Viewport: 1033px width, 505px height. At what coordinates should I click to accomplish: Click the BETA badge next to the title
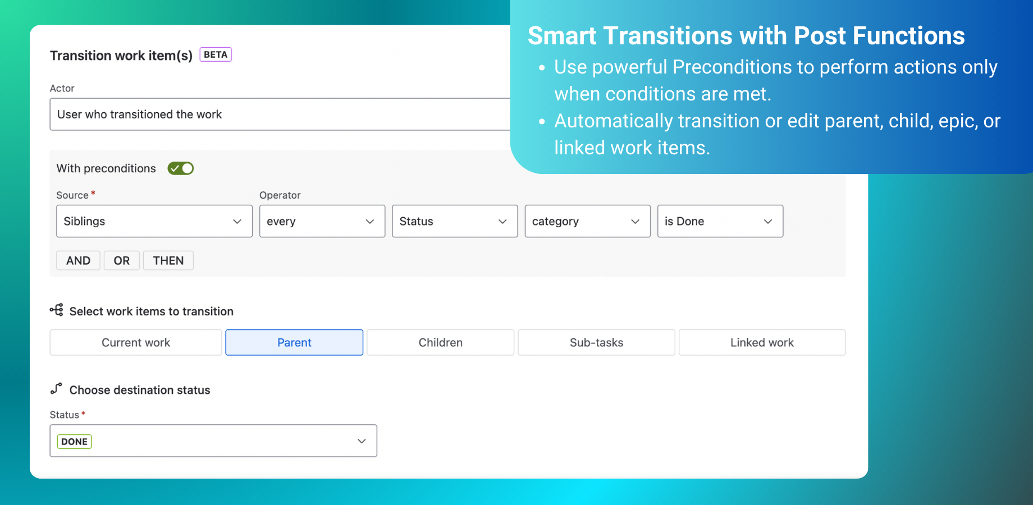pos(216,54)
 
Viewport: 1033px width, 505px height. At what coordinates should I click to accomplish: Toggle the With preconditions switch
pos(181,168)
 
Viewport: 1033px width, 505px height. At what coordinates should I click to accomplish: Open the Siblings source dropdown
pos(154,221)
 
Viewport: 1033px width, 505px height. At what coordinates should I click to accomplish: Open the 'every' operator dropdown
pos(322,221)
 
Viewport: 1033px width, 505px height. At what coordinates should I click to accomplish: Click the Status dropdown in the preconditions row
pos(455,221)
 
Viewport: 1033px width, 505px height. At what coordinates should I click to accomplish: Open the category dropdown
pos(587,221)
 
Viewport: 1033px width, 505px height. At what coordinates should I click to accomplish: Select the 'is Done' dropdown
pos(720,221)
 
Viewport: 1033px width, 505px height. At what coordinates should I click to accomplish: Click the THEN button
pos(168,260)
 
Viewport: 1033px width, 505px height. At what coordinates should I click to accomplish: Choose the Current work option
pos(136,342)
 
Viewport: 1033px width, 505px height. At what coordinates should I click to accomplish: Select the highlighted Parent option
pos(294,342)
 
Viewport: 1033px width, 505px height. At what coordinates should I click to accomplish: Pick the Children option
pos(441,342)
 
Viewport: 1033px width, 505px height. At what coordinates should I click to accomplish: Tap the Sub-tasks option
pos(596,342)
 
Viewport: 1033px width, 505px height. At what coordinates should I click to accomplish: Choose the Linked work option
pos(762,342)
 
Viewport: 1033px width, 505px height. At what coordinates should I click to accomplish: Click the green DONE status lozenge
pos(75,442)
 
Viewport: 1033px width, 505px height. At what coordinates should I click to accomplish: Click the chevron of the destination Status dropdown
pos(362,441)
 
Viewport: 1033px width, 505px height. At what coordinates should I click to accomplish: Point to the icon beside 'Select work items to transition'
pos(56,310)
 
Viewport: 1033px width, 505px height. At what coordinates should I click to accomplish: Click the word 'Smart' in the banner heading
pos(562,36)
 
